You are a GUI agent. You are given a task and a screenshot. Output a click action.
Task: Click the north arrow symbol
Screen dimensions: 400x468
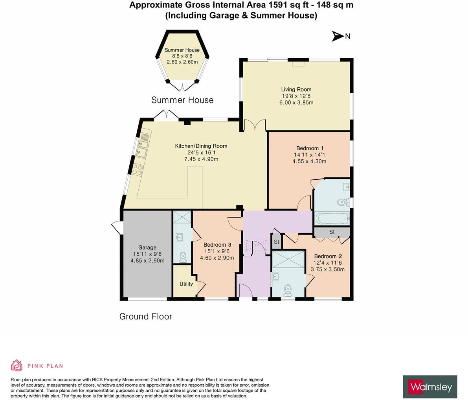[x=338, y=36]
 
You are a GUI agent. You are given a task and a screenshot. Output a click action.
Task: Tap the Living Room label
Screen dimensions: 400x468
[x=296, y=89]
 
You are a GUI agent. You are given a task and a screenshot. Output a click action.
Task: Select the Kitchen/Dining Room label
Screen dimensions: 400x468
[x=201, y=146]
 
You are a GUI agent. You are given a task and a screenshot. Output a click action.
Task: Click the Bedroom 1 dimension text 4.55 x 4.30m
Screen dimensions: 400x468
[x=309, y=161]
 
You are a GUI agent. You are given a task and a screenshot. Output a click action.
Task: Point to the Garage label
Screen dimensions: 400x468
[x=147, y=247]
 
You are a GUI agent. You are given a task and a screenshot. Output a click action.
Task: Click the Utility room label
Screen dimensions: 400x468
[x=186, y=284]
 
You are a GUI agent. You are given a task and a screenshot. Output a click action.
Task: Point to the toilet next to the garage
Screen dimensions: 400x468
[x=183, y=257]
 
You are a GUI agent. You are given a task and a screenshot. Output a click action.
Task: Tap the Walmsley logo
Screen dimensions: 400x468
[x=430, y=387]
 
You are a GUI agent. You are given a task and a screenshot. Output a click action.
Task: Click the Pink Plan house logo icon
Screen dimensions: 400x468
[x=17, y=365]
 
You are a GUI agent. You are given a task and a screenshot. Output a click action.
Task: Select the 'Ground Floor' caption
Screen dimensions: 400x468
[x=145, y=317]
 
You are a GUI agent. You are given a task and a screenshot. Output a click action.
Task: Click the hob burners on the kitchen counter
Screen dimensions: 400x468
[x=138, y=170]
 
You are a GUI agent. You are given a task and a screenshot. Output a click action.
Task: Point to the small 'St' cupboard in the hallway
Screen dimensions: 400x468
[x=276, y=242]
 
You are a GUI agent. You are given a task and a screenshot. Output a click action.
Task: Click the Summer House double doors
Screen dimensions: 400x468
[x=182, y=86]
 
